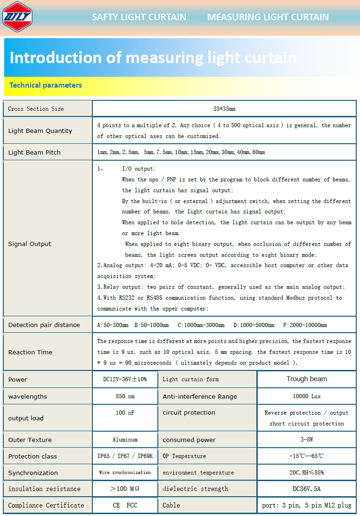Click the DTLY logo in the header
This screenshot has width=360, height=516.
[x=17, y=17]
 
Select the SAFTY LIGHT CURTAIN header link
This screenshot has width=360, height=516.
[x=139, y=17]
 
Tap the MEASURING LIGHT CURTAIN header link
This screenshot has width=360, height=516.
[x=268, y=17]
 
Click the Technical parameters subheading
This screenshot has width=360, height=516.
[x=46, y=85]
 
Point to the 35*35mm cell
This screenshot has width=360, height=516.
[x=224, y=109]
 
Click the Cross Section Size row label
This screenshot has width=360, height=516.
[x=36, y=109]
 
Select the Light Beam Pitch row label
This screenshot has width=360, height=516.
[x=34, y=153]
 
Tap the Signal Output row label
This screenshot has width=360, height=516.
[x=30, y=244]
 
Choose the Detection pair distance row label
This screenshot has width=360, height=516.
[x=44, y=325]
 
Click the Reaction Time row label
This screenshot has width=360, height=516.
[x=30, y=352]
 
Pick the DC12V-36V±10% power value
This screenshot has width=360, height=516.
[x=125, y=379]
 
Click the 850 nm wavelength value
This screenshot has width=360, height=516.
[x=125, y=396]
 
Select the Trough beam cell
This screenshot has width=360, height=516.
[x=306, y=379]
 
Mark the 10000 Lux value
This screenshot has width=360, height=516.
[x=306, y=396]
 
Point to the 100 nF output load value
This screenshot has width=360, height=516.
[x=125, y=413]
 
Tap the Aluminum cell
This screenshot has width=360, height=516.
[x=125, y=440]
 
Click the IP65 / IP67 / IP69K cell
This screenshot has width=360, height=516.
[x=125, y=456]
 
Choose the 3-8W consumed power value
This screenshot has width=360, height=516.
[x=306, y=440]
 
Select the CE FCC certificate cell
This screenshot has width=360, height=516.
[x=125, y=505]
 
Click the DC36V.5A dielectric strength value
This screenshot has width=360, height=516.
[x=306, y=489]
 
